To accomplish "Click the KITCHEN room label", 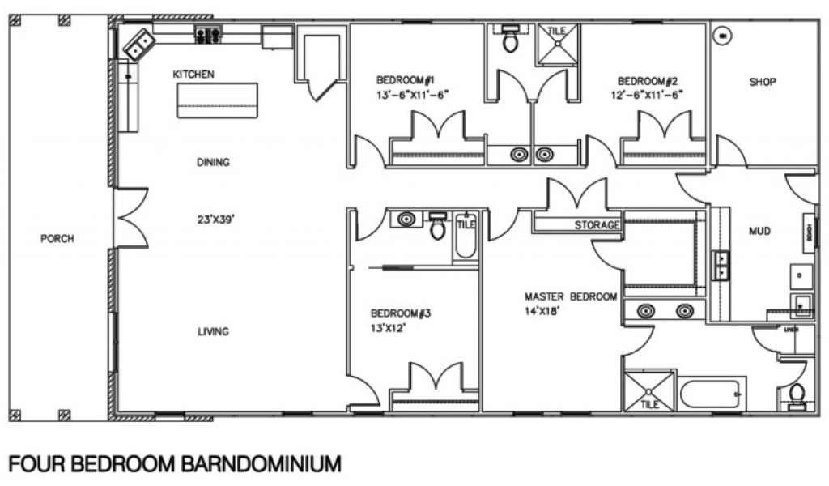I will pyautogui.click(x=193, y=75).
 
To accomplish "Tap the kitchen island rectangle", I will pyautogui.click(x=217, y=100).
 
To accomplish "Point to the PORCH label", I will pyautogui.click(x=57, y=239).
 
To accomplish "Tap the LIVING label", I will pyautogui.click(x=213, y=330).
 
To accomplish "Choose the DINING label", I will pyautogui.click(x=213, y=162).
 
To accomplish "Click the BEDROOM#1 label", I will pyautogui.click(x=406, y=80).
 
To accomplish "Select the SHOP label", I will pyautogui.click(x=763, y=82).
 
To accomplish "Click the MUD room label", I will pyautogui.click(x=759, y=232).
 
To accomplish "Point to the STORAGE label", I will pyautogui.click(x=597, y=225).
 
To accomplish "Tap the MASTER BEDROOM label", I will pyautogui.click(x=571, y=296).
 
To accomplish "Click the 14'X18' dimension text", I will pyautogui.click(x=542, y=309).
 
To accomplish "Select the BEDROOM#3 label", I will pyautogui.click(x=400, y=313).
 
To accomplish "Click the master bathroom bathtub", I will pyautogui.click(x=711, y=394).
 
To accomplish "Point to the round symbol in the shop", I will pyautogui.click(x=723, y=36).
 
